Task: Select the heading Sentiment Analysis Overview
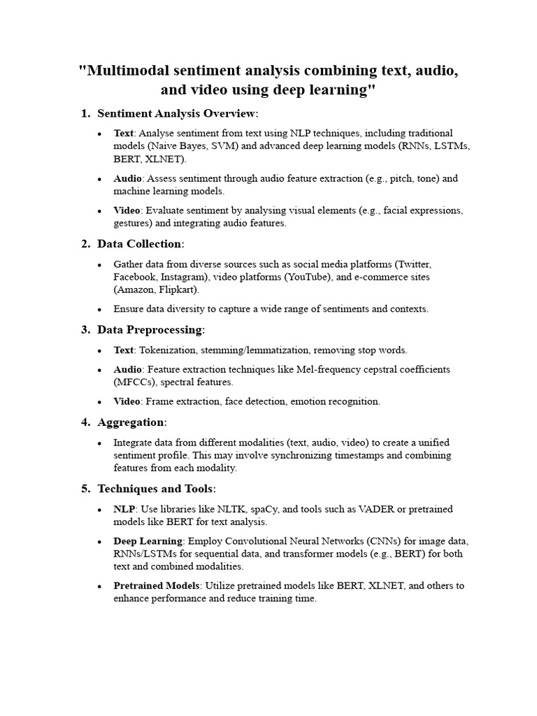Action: (178, 113)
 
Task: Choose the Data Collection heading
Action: (141, 243)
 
